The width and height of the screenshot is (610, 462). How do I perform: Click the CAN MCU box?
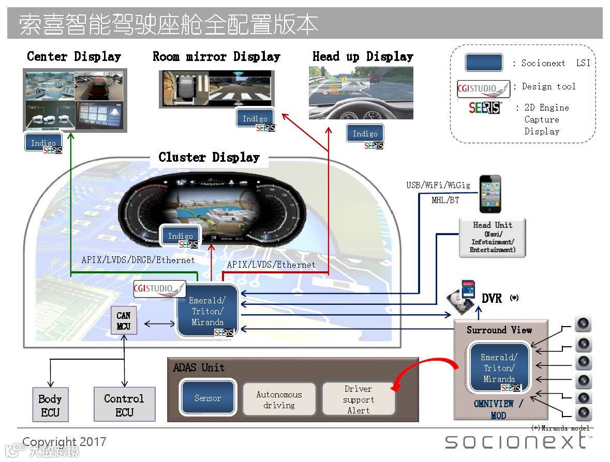tap(124, 320)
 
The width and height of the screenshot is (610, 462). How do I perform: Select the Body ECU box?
tap(50, 405)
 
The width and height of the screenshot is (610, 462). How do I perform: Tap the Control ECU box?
tap(124, 405)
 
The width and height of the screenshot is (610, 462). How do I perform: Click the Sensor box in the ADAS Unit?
tap(208, 398)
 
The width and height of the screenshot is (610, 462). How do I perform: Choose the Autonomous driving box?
tap(279, 399)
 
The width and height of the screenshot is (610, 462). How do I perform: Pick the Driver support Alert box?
tap(358, 399)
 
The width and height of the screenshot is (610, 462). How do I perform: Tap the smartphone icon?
tap(490, 194)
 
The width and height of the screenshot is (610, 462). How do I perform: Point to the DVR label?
tap(492, 298)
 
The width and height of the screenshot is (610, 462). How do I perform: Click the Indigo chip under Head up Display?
tap(365, 134)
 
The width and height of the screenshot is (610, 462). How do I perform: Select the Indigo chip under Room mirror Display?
tap(255, 119)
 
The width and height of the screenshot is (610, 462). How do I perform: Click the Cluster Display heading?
tap(209, 157)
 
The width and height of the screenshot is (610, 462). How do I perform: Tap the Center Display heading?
tap(74, 56)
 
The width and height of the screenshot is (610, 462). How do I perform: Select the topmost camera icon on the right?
tap(583, 324)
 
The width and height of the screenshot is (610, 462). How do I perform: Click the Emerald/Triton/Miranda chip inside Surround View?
tap(499, 368)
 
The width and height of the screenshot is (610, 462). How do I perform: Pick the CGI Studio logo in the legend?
tap(483, 88)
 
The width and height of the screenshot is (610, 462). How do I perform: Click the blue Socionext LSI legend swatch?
tap(484, 63)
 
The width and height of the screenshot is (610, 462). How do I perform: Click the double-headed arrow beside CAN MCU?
tap(159, 324)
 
